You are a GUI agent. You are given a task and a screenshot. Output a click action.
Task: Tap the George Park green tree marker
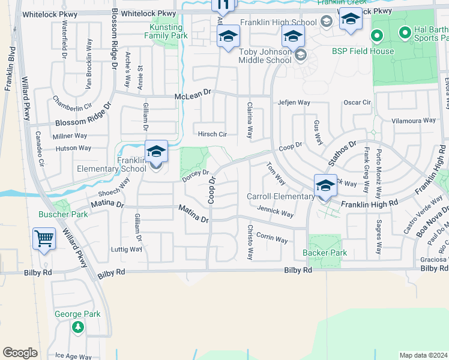(x=77, y=327)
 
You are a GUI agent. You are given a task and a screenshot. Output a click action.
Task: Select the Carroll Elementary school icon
(x=325, y=185)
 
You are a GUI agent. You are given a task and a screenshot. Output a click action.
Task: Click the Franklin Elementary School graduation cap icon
(x=156, y=152)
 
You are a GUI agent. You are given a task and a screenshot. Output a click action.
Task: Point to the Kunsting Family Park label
(x=166, y=32)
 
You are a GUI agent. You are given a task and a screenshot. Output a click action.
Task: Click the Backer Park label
(x=325, y=253)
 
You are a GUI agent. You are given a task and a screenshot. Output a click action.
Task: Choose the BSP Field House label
(x=363, y=51)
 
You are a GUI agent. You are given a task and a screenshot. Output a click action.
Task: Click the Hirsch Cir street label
(x=212, y=134)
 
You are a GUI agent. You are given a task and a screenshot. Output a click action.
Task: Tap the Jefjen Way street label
(x=294, y=103)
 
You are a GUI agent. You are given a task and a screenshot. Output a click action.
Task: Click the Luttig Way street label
(x=127, y=249)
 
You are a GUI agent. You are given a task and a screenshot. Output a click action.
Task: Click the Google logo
(x=20, y=353)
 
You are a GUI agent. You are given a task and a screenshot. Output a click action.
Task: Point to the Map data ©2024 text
(x=423, y=355)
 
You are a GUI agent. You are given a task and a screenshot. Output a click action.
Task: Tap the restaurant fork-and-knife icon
(x=223, y=5)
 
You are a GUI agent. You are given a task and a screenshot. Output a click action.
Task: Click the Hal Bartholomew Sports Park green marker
(x=376, y=35)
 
